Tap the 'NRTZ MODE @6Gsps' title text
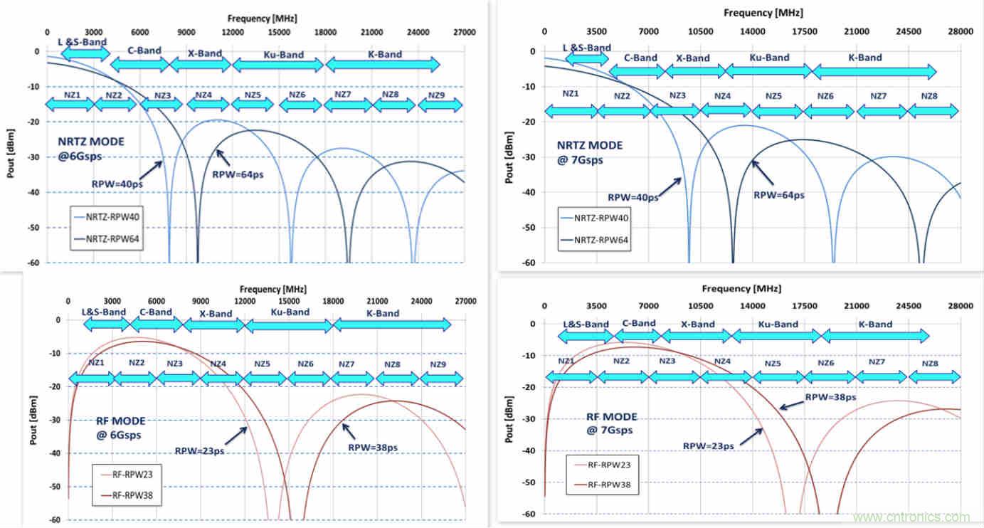90,148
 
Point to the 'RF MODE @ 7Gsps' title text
611,423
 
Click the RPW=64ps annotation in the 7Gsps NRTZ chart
778,194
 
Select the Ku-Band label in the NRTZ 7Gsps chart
769,58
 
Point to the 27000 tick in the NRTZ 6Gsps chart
465,32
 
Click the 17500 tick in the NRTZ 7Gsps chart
804,32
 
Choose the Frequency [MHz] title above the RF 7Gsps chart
741,289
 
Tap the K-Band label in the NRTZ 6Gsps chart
384,54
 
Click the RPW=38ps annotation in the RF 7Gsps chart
830,397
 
